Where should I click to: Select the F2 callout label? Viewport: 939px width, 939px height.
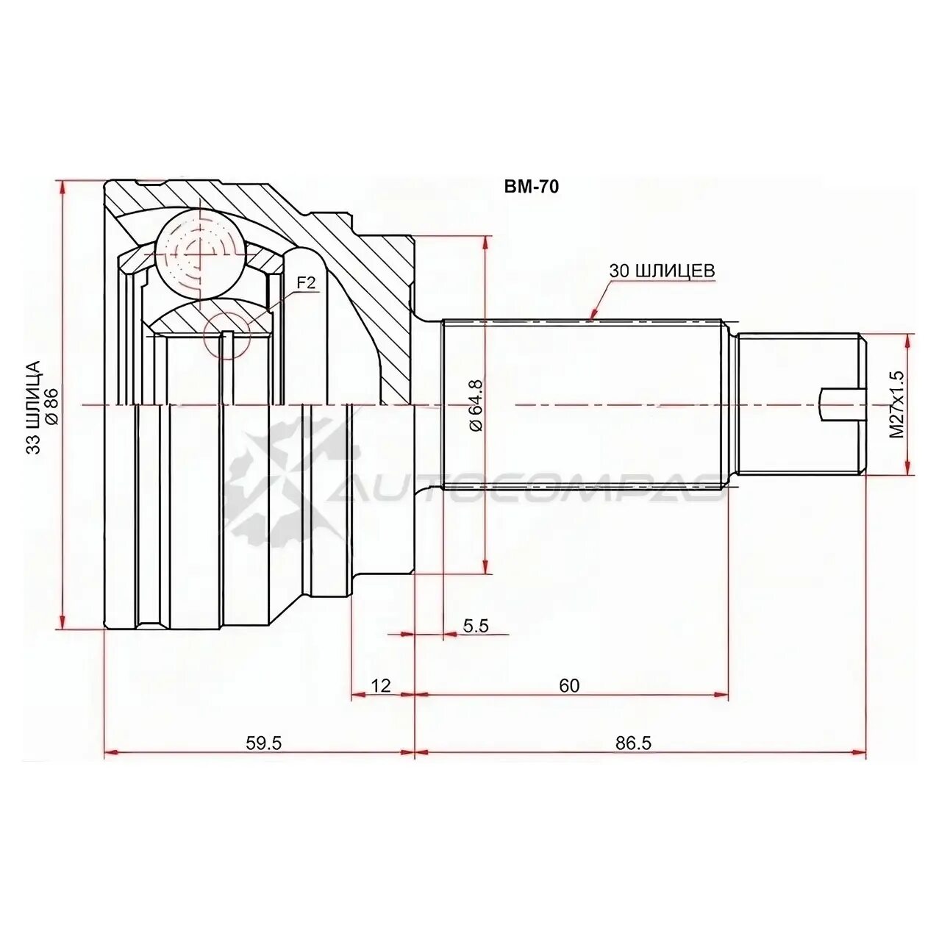[305, 282]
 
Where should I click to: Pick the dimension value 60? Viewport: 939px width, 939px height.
[568, 685]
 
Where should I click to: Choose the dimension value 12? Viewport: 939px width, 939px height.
[380, 685]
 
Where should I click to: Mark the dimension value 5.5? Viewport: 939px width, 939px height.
[476, 626]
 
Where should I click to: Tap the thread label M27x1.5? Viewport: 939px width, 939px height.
[896, 404]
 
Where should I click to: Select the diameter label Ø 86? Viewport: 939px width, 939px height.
[52, 405]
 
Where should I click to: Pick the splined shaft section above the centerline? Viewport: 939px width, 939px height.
[581, 360]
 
